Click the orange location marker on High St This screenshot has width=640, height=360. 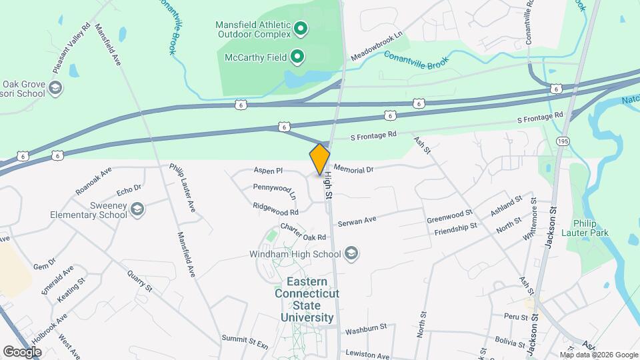pos(320,159)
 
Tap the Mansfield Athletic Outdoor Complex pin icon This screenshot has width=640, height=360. pos(300,29)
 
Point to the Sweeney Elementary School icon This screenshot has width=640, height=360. pos(137,209)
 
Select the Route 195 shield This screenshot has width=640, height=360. pos(564,141)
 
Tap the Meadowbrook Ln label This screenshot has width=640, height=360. pos(378,44)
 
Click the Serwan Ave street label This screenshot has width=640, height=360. pos(357,221)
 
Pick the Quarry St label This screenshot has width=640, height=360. pos(141,285)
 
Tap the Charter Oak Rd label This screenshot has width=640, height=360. pos(303,233)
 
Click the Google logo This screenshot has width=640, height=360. pos(23,351)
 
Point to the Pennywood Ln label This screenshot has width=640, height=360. pos(274,192)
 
